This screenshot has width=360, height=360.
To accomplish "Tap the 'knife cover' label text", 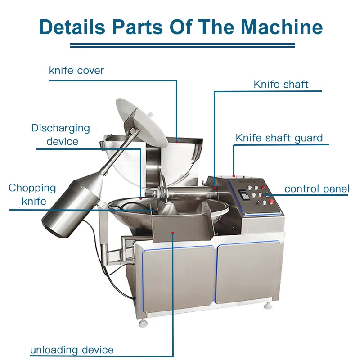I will [76, 71].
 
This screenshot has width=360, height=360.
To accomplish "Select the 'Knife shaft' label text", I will [281, 85].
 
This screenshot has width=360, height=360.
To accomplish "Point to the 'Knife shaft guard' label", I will [279, 138].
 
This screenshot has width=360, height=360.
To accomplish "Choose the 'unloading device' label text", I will [72, 350].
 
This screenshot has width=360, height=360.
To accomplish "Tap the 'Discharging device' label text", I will [61, 135].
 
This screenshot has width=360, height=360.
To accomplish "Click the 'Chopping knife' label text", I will [33, 194].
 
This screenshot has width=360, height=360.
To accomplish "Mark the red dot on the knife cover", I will [177, 141].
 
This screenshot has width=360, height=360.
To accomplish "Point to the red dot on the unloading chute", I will [173, 232].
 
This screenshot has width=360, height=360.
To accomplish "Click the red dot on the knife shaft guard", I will [234, 176].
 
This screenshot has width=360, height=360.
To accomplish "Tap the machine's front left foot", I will [144, 321].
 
